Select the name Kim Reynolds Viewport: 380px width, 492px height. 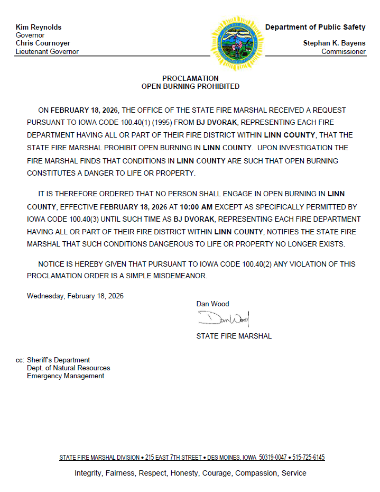tap(39, 27)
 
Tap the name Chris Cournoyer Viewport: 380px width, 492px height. tap(43, 43)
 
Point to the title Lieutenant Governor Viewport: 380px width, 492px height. tap(47, 51)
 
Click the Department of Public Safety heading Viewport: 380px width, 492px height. tap(315, 27)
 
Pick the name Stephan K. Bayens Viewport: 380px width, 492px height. tap(334, 43)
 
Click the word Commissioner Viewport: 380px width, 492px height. tap(344, 51)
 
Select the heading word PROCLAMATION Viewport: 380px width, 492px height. tap(190, 78)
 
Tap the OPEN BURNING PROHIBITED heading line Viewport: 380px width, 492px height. tap(190, 86)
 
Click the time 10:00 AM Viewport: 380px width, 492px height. tap(197, 206)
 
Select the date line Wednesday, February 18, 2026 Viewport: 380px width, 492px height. tap(75, 296)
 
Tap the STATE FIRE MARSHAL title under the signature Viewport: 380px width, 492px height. tap(234, 336)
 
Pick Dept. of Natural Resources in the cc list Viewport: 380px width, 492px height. tap(69, 368)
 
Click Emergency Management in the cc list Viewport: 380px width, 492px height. tap(66, 376)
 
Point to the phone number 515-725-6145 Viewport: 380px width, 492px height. tap(308, 457)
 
